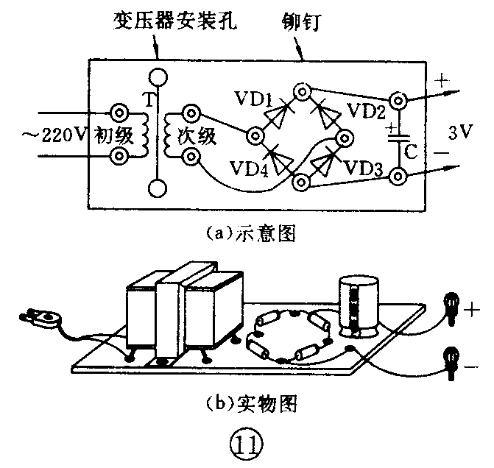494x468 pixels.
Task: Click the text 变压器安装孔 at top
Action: click(x=169, y=18)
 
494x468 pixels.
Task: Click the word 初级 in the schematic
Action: click(x=110, y=135)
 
